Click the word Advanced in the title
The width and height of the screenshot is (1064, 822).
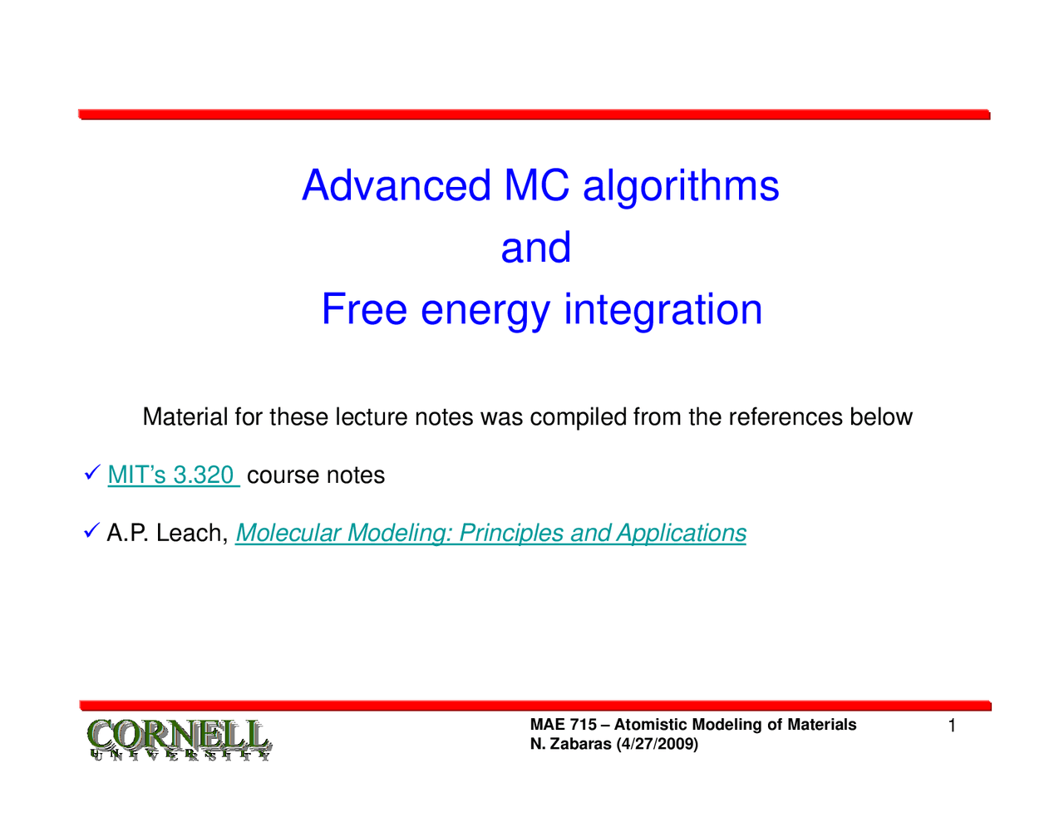[397, 185]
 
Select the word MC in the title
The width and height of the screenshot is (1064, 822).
[537, 185]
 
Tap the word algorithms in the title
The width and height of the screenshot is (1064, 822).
[681, 188]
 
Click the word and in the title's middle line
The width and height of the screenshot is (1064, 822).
[535, 248]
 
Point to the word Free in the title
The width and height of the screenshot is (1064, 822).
[364, 309]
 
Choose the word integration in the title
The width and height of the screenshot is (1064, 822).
[663, 310]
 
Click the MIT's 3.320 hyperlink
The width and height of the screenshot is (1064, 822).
[174, 475]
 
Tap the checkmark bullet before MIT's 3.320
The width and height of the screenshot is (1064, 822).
[92, 472]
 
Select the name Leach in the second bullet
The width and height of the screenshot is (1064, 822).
[192, 533]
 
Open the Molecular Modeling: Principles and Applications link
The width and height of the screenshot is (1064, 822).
[490, 533]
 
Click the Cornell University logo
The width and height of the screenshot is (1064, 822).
[180, 739]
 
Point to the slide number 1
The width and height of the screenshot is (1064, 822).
[952, 726]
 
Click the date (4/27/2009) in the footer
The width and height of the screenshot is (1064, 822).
[658, 744]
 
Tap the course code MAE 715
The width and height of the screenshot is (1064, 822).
[564, 725]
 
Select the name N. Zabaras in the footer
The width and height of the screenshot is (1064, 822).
[571, 744]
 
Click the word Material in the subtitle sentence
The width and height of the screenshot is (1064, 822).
[185, 416]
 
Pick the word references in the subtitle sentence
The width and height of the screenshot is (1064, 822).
[786, 417]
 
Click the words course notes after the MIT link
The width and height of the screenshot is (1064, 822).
[316, 475]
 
